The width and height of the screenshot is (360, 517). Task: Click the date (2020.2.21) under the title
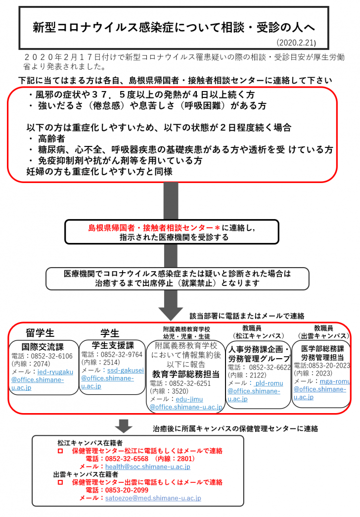point(296,43)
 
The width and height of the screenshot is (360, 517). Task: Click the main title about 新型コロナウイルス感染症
point(174,27)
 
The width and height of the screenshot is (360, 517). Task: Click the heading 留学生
point(40,332)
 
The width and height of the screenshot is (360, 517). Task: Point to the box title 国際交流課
point(44,346)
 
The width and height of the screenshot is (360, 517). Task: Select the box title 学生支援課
point(113,345)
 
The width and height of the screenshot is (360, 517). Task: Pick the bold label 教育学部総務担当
point(186,374)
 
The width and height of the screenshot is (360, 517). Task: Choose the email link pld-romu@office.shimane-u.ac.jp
point(254,391)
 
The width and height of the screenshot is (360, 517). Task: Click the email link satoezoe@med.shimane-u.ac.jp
point(153,498)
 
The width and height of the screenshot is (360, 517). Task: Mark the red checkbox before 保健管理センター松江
point(60,451)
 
